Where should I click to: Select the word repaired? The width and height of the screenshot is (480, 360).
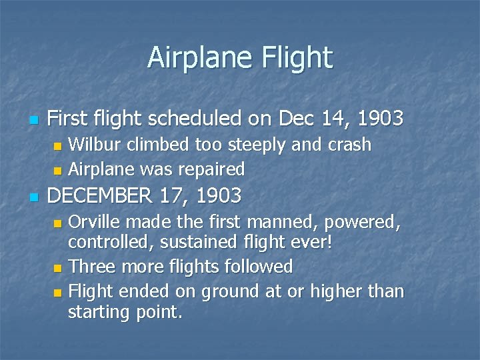coord(210,169)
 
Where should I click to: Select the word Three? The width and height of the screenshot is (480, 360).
coord(90,267)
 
